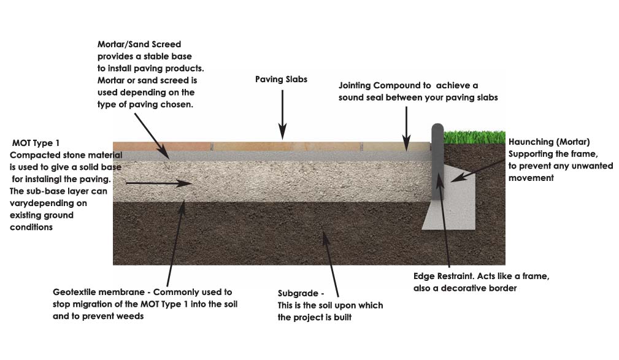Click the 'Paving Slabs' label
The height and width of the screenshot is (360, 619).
(x=281, y=80)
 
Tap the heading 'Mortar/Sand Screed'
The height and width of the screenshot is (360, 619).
(x=139, y=44)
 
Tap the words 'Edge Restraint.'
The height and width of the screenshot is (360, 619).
(x=444, y=277)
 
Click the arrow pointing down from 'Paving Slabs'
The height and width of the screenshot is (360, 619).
(x=282, y=113)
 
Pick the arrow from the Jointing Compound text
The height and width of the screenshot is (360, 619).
(x=405, y=126)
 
